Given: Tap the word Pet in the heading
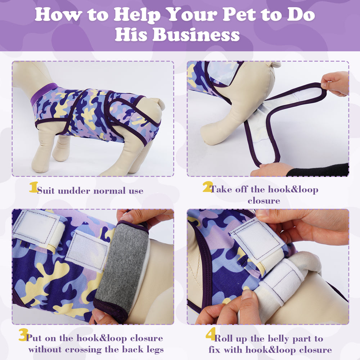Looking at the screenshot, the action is pyautogui.click(x=239, y=14).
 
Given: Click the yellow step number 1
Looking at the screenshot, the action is pyautogui.click(x=33, y=187).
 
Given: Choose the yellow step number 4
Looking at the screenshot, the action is pyautogui.click(x=211, y=334).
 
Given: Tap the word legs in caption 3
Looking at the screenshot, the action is pyautogui.click(x=155, y=350).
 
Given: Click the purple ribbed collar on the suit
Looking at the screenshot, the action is pyautogui.click(x=43, y=93).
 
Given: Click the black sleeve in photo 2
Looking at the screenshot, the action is pyautogui.click(x=318, y=170).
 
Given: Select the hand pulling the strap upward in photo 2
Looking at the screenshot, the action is pyautogui.click(x=336, y=84).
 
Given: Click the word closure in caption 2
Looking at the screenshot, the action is pyautogui.click(x=264, y=201).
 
